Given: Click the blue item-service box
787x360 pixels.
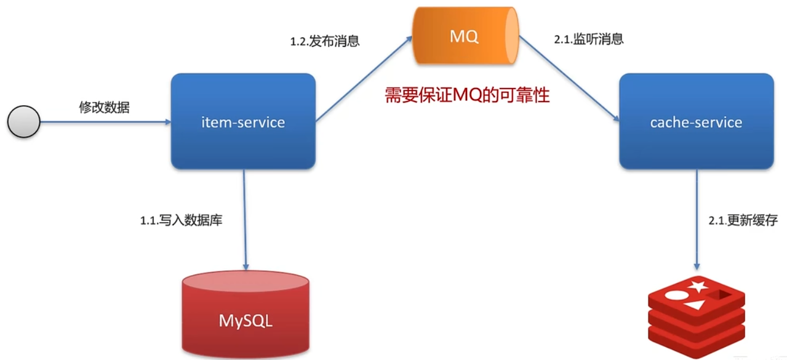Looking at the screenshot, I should click(243, 122).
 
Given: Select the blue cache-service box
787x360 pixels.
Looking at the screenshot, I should click(696, 122).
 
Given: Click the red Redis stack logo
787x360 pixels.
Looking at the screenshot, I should click(697, 314).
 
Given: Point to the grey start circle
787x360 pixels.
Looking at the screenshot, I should click(23, 122).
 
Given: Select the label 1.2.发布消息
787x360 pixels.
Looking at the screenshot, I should click(325, 42).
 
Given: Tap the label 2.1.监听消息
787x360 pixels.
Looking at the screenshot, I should click(589, 39).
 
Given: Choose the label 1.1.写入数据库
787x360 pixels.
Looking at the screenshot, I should click(181, 220).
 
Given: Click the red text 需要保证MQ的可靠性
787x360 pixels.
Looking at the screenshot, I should click(467, 95).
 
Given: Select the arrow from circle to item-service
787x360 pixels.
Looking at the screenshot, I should click(105, 122).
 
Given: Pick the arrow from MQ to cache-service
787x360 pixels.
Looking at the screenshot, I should click(569, 80).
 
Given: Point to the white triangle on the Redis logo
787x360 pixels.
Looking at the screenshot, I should click(694, 305).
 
